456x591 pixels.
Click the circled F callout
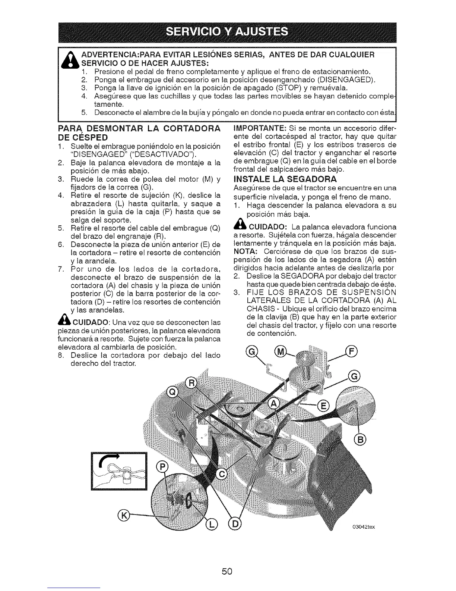tap(351, 352)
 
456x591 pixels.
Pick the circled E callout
tap(322, 406)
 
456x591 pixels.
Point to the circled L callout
tap(211, 525)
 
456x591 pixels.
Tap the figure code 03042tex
tap(363, 527)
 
